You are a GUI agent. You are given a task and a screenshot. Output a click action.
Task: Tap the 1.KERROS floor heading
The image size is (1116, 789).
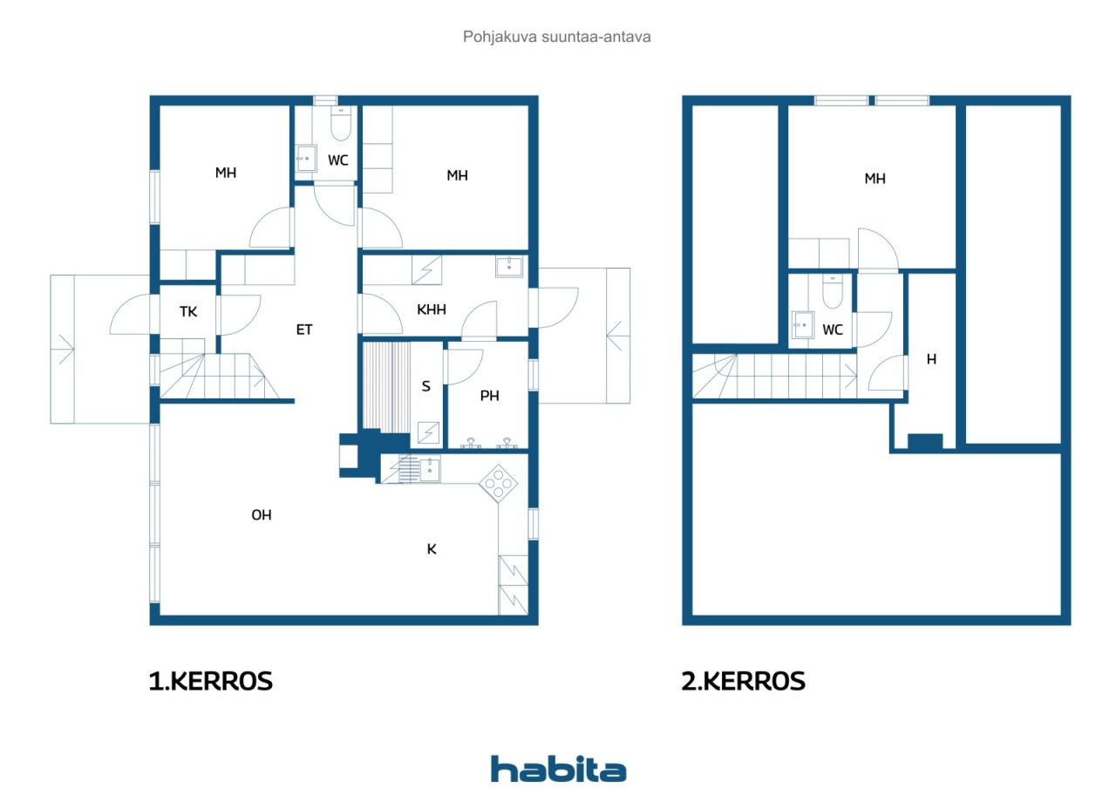pyautogui.click(x=211, y=682)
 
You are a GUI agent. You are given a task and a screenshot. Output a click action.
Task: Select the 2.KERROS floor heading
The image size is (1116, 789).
pyautogui.click(x=743, y=682)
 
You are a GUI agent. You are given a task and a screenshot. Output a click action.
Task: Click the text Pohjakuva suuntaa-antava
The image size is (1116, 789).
pyautogui.click(x=556, y=37)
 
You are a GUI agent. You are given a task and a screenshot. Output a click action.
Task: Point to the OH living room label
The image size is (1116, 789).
pyautogui.click(x=261, y=514)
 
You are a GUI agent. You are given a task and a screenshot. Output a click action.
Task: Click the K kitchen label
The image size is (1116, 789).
pyautogui.click(x=432, y=549)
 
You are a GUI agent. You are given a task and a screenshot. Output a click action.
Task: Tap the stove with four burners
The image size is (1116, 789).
pyautogui.click(x=498, y=483)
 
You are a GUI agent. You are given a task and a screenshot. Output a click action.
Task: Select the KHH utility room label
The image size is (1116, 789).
pyautogui.click(x=432, y=309)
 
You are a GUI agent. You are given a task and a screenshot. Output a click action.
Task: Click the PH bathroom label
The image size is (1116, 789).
pyautogui.click(x=489, y=396)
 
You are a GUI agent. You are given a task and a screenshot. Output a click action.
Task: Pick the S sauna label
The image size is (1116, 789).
pyautogui.click(x=425, y=386)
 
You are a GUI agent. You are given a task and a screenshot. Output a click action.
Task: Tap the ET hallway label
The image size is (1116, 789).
pyautogui.click(x=304, y=330)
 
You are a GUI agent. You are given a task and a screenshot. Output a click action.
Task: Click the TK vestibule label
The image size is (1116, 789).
pyautogui.click(x=187, y=312)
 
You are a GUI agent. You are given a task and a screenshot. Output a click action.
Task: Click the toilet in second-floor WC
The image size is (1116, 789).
pyautogui.click(x=833, y=291)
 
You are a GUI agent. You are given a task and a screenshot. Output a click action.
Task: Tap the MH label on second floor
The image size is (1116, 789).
pyautogui.click(x=874, y=179)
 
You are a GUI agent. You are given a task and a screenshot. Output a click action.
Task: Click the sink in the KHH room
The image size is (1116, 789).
pyautogui.click(x=508, y=267)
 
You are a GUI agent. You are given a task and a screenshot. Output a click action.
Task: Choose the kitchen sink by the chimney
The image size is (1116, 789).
pyautogui.click(x=430, y=469)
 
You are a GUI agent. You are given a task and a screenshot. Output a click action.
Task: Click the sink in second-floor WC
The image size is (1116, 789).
pyautogui.click(x=803, y=325)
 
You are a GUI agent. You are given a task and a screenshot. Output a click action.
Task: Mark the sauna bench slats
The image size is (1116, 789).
pyautogui.click(x=386, y=385)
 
